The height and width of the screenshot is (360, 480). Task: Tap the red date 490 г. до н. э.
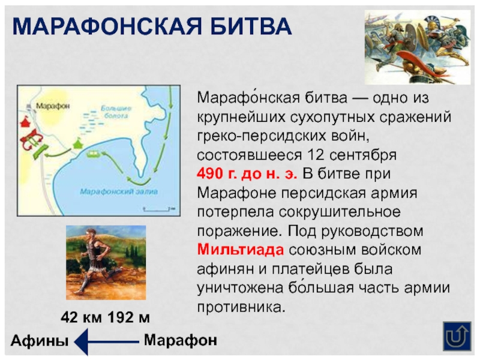(247, 175)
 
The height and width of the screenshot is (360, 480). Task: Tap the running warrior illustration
(106, 262)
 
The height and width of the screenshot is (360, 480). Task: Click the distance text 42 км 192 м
(105, 317)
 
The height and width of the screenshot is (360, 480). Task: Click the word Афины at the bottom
(40, 341)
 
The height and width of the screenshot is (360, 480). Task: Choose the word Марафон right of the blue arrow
(180, 340)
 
